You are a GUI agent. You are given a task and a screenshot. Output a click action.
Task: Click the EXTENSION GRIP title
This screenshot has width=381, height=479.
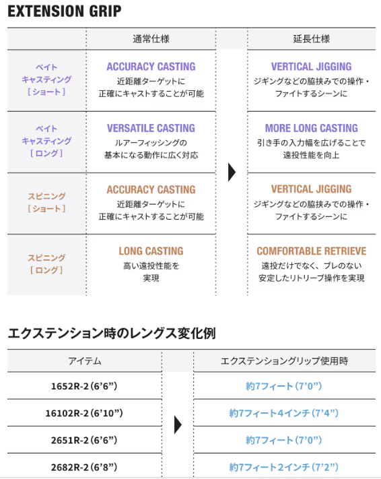65,11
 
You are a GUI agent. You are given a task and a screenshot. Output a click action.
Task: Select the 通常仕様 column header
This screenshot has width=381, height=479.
151,39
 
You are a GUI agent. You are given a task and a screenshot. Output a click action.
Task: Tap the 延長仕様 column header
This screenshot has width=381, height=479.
312,39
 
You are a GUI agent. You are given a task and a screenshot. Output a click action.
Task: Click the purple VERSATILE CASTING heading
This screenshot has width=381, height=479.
151,128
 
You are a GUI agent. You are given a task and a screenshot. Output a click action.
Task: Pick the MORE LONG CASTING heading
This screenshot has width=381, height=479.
312,128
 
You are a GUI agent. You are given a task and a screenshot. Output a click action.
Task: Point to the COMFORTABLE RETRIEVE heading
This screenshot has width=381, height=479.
312,251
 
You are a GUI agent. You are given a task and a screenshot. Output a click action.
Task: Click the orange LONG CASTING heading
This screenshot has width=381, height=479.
151,251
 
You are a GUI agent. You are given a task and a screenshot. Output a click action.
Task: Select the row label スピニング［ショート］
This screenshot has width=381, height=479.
46,202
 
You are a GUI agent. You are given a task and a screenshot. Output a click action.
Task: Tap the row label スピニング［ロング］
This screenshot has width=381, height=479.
46,264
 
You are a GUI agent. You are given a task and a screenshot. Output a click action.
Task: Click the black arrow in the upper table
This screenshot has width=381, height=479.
232,172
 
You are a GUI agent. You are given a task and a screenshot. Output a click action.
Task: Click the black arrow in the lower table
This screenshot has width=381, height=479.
178,424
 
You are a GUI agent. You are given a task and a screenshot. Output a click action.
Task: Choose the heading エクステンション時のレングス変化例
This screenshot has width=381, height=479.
112,333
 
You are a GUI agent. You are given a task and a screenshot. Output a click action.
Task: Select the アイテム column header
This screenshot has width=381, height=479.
85,361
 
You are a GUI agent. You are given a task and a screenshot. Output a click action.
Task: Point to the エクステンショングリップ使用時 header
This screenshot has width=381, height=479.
284,361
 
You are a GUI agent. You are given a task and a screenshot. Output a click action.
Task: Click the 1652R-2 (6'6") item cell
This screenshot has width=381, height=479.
84,386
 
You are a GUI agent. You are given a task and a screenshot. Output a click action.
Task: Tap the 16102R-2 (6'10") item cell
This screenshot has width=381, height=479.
84,413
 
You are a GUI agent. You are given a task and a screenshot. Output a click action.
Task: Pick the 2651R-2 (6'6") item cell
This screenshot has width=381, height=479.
84,440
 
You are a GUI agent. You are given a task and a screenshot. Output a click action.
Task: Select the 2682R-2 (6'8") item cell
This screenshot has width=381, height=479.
84,467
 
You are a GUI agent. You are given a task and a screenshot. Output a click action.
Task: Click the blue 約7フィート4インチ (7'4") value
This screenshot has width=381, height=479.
284,413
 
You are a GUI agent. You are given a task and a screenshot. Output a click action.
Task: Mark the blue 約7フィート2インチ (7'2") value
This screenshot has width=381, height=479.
284,467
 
